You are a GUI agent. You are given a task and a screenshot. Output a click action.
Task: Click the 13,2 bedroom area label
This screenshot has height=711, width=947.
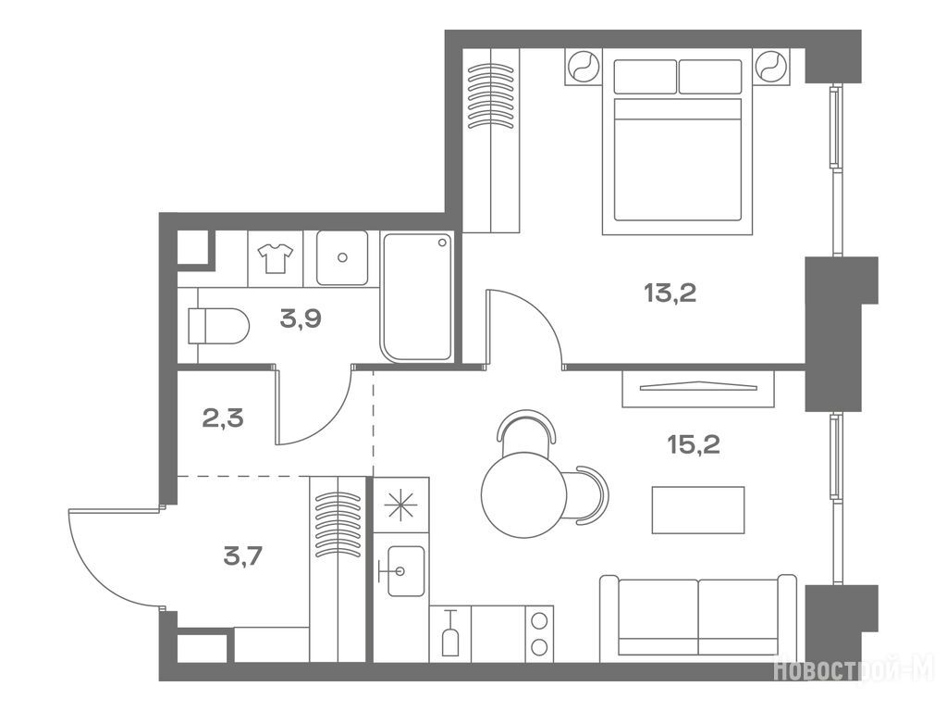670,293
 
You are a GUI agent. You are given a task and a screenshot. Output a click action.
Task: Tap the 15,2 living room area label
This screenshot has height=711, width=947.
694,445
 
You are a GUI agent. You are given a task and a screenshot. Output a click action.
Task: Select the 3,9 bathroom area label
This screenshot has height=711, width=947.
301,318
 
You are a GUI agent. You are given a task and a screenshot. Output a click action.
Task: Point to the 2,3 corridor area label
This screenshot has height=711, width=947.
223,418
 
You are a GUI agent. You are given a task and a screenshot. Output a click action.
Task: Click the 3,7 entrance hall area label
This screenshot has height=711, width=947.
243,555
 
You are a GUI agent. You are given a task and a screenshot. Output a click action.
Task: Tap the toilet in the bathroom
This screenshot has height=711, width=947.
218,326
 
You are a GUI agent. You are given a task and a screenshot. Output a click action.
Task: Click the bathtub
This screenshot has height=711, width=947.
417,297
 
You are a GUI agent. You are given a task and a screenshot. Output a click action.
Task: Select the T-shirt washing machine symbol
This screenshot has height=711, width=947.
276,258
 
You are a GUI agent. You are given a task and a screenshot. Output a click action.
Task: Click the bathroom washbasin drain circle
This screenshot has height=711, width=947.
342,257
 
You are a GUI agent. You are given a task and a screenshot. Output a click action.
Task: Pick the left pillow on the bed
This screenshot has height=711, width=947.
645,76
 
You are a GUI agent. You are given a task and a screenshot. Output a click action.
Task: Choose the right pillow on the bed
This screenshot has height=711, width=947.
710,76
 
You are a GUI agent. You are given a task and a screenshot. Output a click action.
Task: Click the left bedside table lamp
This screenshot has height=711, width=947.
584,66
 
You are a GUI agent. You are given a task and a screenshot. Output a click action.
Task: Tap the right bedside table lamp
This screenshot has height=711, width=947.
772,66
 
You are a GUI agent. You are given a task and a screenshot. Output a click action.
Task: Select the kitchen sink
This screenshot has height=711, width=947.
406,571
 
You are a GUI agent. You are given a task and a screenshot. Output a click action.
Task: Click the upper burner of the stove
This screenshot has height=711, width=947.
539,621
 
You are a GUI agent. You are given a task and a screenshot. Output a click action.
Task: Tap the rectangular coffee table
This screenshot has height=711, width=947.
698,510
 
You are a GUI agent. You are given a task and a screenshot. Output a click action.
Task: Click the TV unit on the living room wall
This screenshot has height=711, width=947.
698,388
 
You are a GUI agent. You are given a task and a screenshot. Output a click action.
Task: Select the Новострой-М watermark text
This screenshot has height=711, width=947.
854,669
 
